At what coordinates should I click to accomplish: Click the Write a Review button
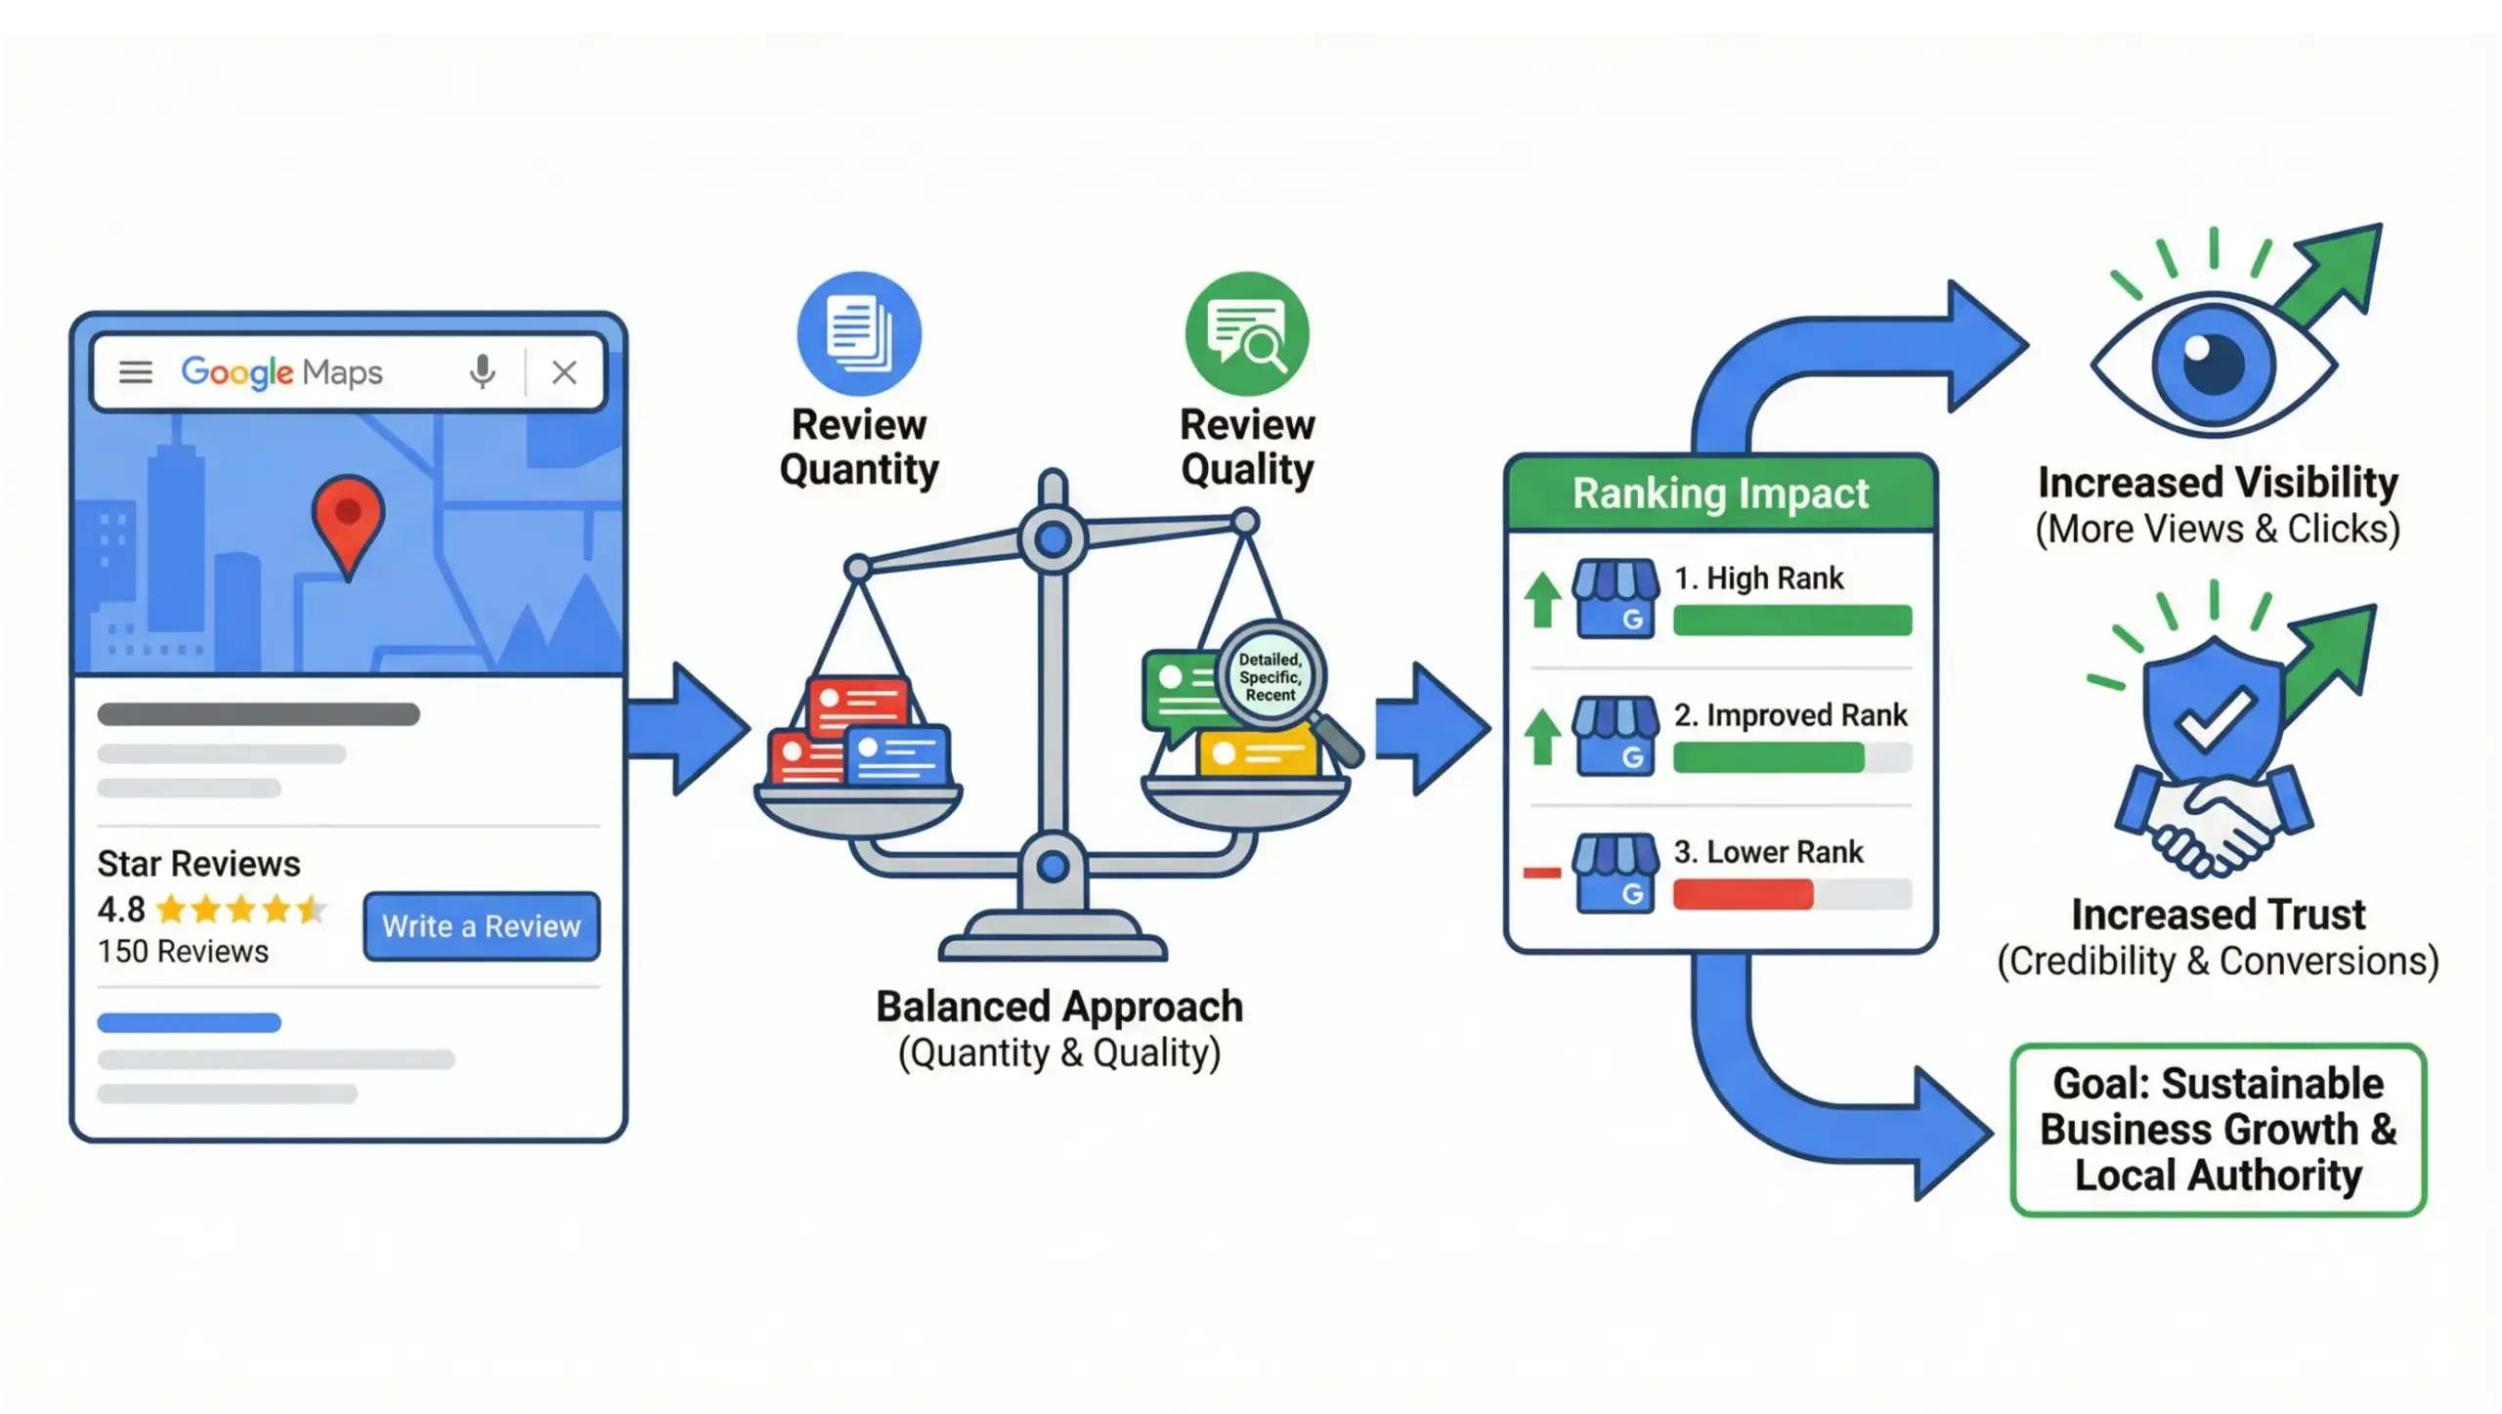481,925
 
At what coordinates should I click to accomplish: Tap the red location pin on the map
348,515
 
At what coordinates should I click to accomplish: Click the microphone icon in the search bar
482,371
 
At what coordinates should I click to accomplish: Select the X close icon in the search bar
564,371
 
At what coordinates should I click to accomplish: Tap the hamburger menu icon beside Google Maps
136,371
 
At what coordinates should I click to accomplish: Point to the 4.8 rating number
121,910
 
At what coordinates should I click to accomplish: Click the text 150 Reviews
183,951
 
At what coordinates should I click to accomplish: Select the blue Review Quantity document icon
859,333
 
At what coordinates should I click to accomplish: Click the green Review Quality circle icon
1247,333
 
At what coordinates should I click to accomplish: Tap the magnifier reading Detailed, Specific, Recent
1271,677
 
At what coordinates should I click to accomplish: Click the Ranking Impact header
1720,493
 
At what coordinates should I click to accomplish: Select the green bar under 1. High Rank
1791,621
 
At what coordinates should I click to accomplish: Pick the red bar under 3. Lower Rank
1743,894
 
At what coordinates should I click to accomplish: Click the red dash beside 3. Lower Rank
1542,873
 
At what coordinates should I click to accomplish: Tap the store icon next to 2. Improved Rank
1616,736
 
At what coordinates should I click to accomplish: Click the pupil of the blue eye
2213,363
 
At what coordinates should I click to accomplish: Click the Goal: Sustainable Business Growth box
2218,1130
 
